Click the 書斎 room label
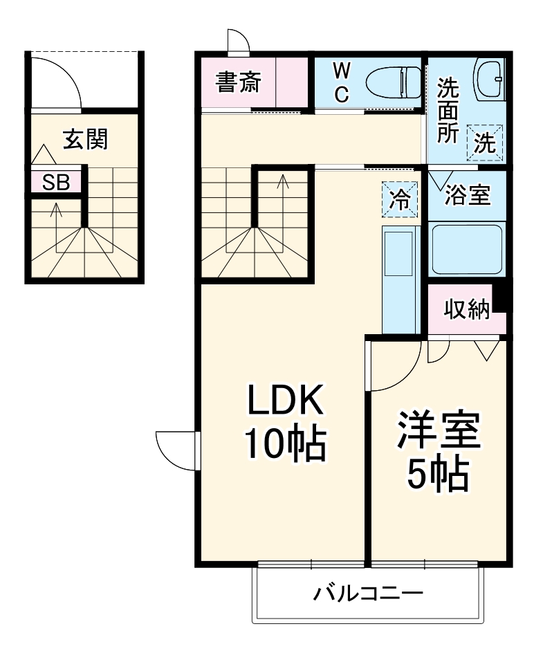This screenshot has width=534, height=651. [x=238, y=83]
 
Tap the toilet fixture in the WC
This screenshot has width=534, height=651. [x=393, y=82]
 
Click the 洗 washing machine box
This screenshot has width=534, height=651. [x=484, y=143]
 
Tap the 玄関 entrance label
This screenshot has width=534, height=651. [x=85, y=139]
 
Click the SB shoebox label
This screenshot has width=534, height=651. [x=56, y=182]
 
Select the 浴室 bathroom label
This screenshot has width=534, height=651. [x=468, y=196]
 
